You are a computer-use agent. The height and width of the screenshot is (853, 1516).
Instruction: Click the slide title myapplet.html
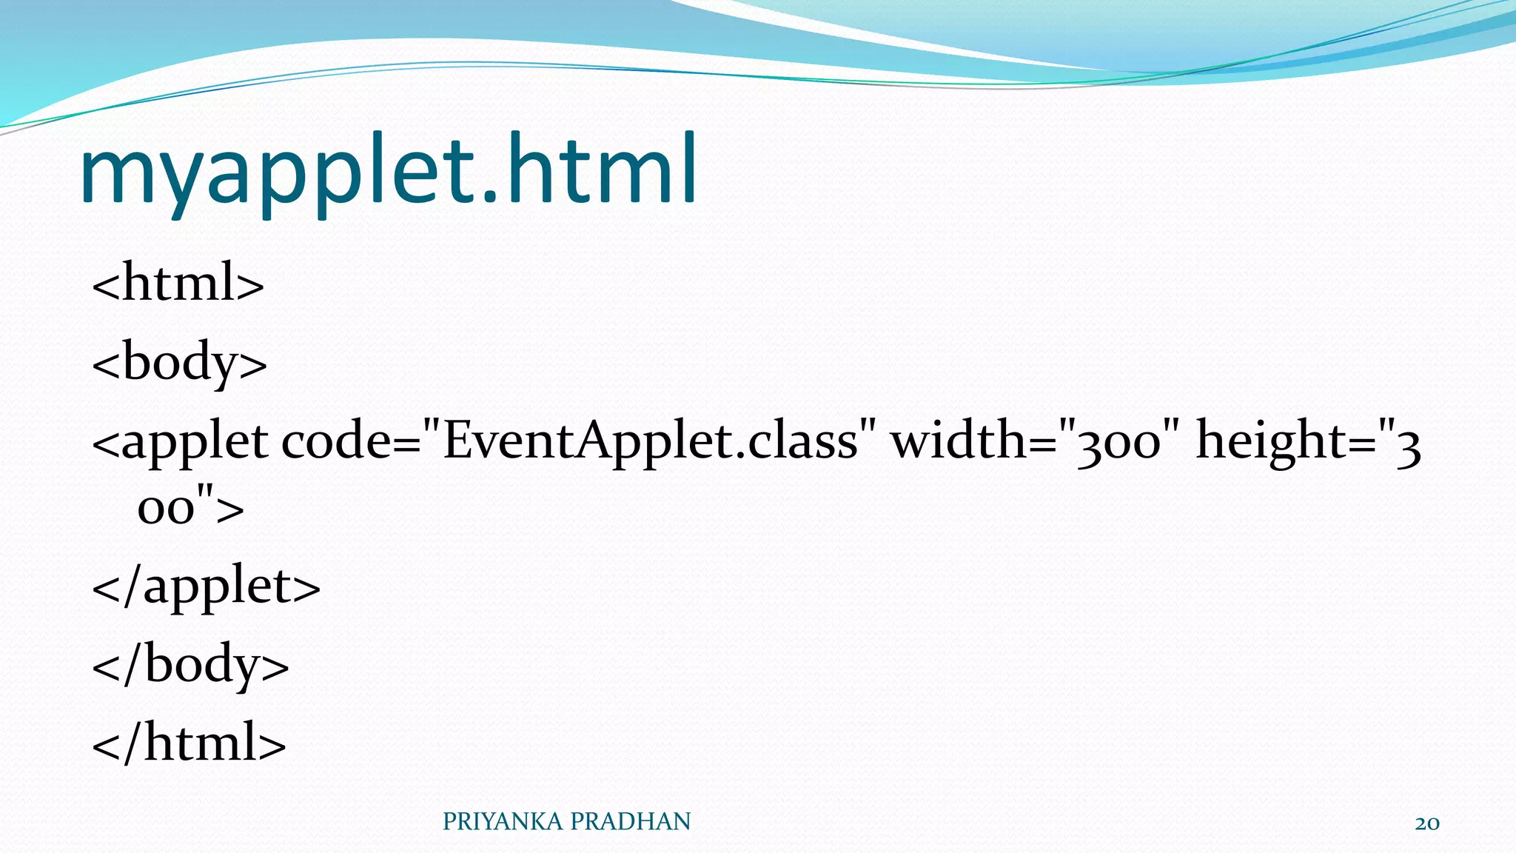click(388, 172)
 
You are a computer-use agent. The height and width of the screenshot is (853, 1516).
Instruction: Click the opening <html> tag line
click(178, 283)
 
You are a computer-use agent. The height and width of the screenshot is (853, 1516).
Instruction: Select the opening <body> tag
click(179, 362)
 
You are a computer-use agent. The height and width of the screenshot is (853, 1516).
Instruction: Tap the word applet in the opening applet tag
click(194, 442)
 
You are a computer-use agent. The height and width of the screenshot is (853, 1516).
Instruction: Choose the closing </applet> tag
click(206, 586)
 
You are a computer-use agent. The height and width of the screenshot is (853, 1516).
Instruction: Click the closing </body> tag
click(190, 664)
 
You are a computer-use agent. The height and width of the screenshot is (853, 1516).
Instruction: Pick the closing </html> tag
click(189, 743)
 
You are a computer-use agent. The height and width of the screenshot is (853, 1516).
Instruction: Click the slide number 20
click(1426, 823)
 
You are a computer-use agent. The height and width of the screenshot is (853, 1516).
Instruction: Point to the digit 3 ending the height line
click(1408, 446)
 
